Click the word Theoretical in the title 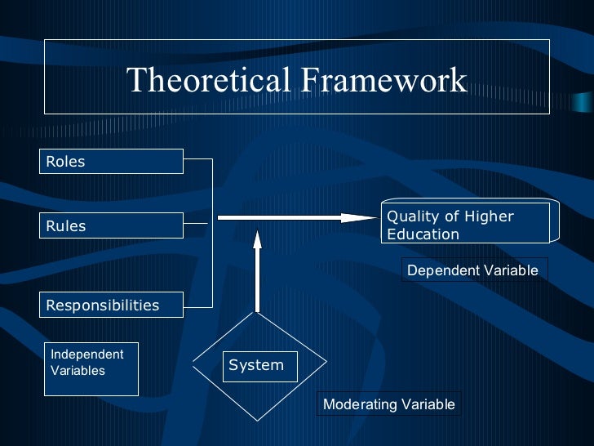(x=209, y=80)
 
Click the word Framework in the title (x=383, y=80)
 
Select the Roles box (x=111, y=162)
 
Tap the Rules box (x=111, y=225)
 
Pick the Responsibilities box (x=111, y=306)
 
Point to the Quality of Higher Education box (x=465, y=225)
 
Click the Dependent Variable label (x=473, y=270)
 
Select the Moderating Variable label (x=389, y=404)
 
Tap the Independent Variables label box (x=91, y=368)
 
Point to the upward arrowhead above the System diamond (x=257, y=239)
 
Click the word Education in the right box (x=423, y=234)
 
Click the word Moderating (x=359, y=404)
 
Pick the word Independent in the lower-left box (x=87, y=355)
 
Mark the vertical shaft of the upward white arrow (x=257, y=282)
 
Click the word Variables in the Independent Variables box (x=78, y=371)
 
